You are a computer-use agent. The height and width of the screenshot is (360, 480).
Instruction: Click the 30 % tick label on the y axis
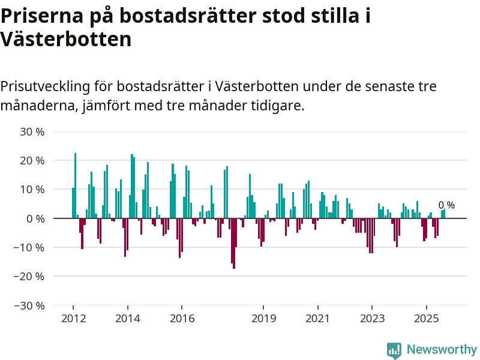[x=32, y=131]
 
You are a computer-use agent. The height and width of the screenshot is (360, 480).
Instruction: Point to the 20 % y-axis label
[x=32, y=160]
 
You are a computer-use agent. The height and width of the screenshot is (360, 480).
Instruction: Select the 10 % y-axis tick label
[x=32, y=189]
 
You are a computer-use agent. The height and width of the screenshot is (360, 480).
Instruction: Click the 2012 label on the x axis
[x=73, y=318]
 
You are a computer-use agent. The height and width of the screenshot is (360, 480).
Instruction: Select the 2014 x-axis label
[x=128, y=318]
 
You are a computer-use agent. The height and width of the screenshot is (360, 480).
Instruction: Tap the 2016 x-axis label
[x=182, y=318]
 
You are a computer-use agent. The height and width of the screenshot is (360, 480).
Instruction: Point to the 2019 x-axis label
[x=264, y=318]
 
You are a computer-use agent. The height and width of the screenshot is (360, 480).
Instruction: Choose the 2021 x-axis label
[x=317, y=318]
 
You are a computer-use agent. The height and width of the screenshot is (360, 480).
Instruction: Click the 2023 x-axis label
[x=372, y=318]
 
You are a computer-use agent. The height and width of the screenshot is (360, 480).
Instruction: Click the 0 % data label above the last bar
[x=446, y=205]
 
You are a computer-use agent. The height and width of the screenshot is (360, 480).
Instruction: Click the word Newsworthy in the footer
[x=442, y=349]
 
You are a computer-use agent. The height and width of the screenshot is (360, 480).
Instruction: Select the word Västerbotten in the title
[x=66, y=40]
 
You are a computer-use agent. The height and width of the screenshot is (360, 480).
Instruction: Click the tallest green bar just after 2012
[x=76, y=185]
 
